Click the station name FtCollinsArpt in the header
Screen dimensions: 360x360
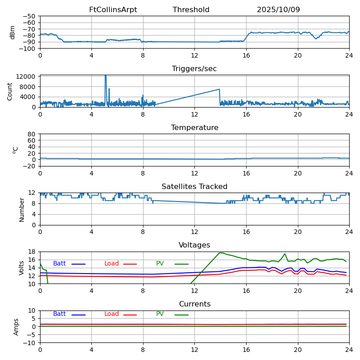tap(113, 10)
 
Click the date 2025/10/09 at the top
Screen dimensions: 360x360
tap(278, 10)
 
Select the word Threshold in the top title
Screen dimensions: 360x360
tap(191, 10)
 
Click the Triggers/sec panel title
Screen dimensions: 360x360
tap(194, 69)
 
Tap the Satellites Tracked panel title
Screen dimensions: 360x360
tap(194, 187)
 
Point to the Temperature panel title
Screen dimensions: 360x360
tap(194, 128)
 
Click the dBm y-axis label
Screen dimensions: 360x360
tap(13, 32)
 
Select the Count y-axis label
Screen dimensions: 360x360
tap(10, 91)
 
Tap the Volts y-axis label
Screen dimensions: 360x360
tap(22, 268)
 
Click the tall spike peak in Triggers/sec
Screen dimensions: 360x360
tap(106, 76)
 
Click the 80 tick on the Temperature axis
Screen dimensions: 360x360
tap(32, 134)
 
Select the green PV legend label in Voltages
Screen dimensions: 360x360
tap(160, 264)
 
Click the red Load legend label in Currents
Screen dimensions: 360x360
tap(112, 314)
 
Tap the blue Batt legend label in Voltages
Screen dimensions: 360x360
tap(59, 264)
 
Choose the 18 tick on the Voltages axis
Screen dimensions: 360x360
tap(32, 252)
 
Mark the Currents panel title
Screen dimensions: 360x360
tap(194, 304)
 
